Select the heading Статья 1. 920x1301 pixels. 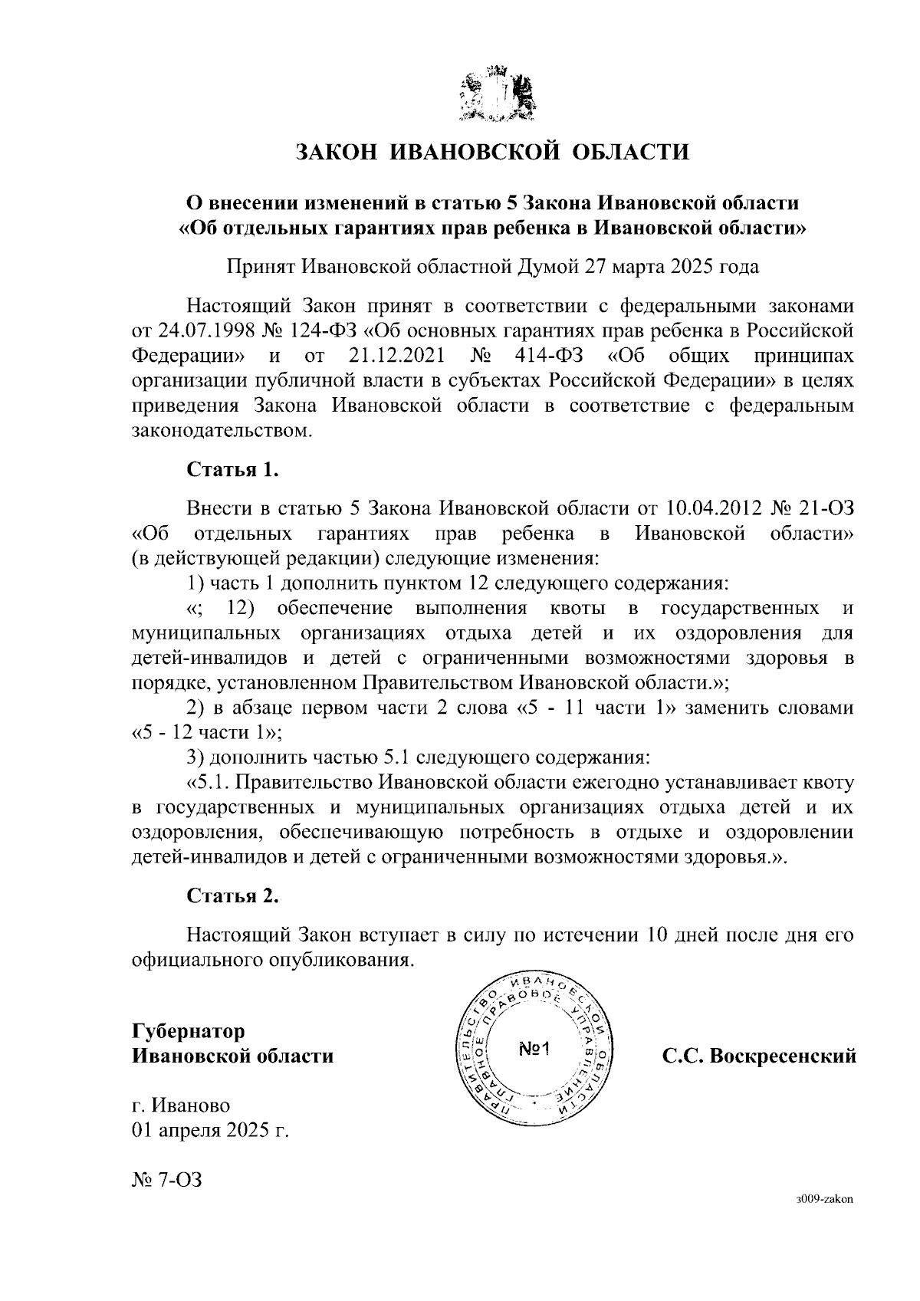(232, 470)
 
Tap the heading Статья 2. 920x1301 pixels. (232, 895)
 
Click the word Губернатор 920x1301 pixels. (189, 1031)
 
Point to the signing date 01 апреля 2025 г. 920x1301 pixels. (210, 1131)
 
